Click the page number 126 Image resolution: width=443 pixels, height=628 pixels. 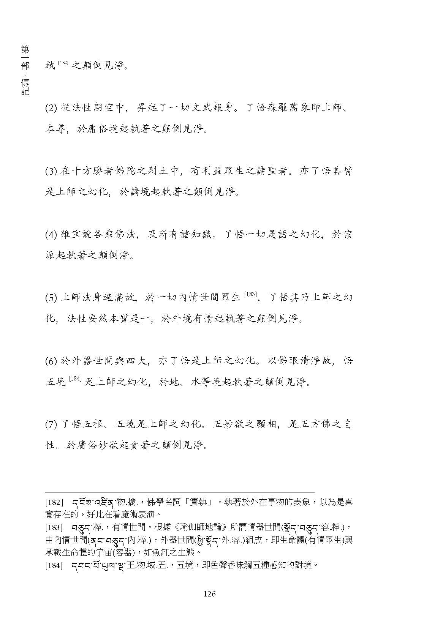[209, 594]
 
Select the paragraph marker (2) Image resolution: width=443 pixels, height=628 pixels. [51, 108]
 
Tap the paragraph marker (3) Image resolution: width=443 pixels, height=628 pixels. [51, 171]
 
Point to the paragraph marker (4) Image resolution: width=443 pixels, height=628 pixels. [51, 235]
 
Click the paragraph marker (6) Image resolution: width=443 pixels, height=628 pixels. [51, 361]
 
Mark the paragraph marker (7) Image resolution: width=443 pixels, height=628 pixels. [51, 424]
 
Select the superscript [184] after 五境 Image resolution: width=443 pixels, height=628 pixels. [75, 379]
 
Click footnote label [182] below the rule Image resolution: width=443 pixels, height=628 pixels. [54, 502]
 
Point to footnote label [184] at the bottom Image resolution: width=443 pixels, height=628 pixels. [54, 565]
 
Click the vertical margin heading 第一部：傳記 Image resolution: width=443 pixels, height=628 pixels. [25, 70]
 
